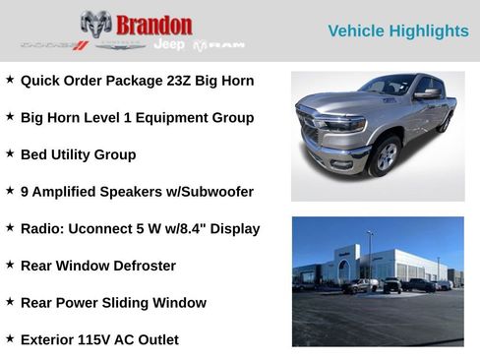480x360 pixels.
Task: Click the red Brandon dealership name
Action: (153, 25)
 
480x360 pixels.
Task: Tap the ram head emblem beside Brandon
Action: (95, 25)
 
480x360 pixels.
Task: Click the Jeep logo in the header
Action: (168, 44)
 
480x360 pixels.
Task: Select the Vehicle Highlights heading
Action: (397, 31)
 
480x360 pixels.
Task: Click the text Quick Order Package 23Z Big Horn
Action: (137, 81)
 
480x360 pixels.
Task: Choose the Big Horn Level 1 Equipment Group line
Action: (137, 118)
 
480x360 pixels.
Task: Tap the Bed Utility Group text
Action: (78, 154)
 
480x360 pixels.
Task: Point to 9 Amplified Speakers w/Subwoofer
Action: (137, 192)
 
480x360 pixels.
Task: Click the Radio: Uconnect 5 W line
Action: (140, 229)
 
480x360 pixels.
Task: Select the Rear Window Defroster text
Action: (98, 266)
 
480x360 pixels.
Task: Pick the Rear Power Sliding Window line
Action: (113, 303)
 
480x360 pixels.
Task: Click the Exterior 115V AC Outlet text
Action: (99, 340)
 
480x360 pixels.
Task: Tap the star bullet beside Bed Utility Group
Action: (10, 153)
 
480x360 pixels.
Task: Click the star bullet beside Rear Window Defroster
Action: (10, 265)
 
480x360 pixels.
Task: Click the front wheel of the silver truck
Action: (383, 157)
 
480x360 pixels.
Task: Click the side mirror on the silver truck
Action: (427, 94)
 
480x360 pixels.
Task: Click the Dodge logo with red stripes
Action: (55, 45)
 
